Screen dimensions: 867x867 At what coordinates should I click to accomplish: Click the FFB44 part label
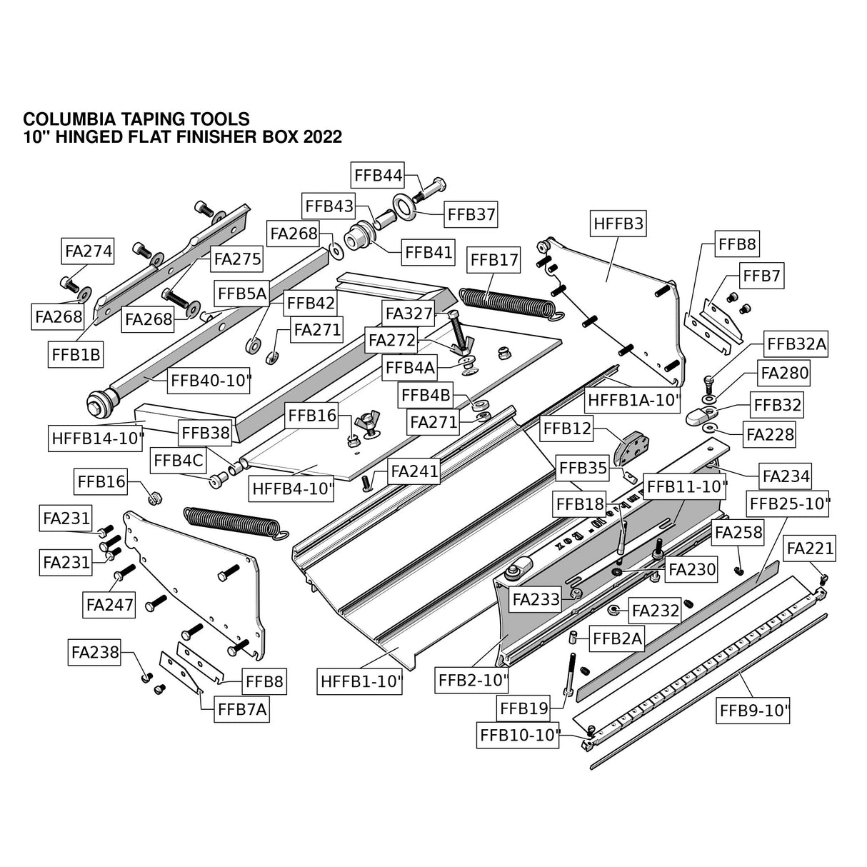(x=379, y=175)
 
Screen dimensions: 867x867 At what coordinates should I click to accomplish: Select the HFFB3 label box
(x=618, y=224)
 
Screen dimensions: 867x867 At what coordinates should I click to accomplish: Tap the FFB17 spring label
(x=493, y=260)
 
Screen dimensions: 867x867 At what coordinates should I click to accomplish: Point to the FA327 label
(x=409, y=313)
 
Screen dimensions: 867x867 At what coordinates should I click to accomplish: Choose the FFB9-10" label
(x=754, y=711)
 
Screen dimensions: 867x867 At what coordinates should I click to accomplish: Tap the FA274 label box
(x=89, y=251)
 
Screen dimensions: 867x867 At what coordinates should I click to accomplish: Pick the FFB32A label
(x=796, y=344)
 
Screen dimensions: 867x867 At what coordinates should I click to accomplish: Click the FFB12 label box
(x=568, y=429)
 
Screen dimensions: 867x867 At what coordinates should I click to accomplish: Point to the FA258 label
(x=738, y=532)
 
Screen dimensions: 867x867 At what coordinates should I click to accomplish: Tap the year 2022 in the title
(x=322, y=136)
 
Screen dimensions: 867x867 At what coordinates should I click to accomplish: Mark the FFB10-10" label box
(x=518, y=734)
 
